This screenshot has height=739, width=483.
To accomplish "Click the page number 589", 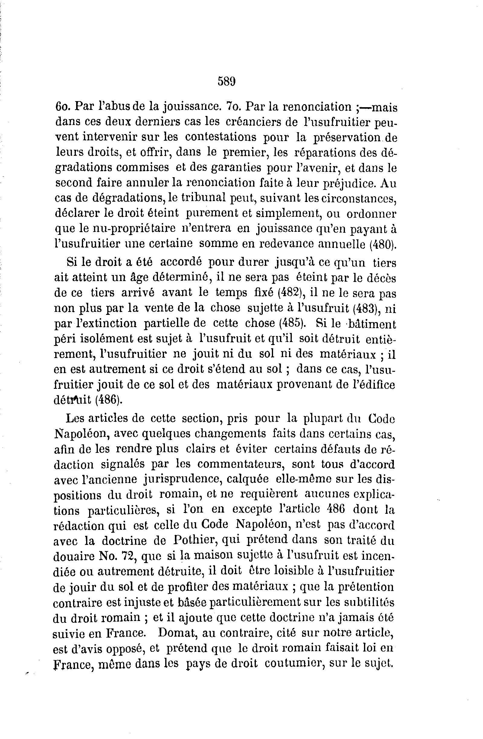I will click(227, 82).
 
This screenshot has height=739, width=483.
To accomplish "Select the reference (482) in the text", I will click(288, 293).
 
